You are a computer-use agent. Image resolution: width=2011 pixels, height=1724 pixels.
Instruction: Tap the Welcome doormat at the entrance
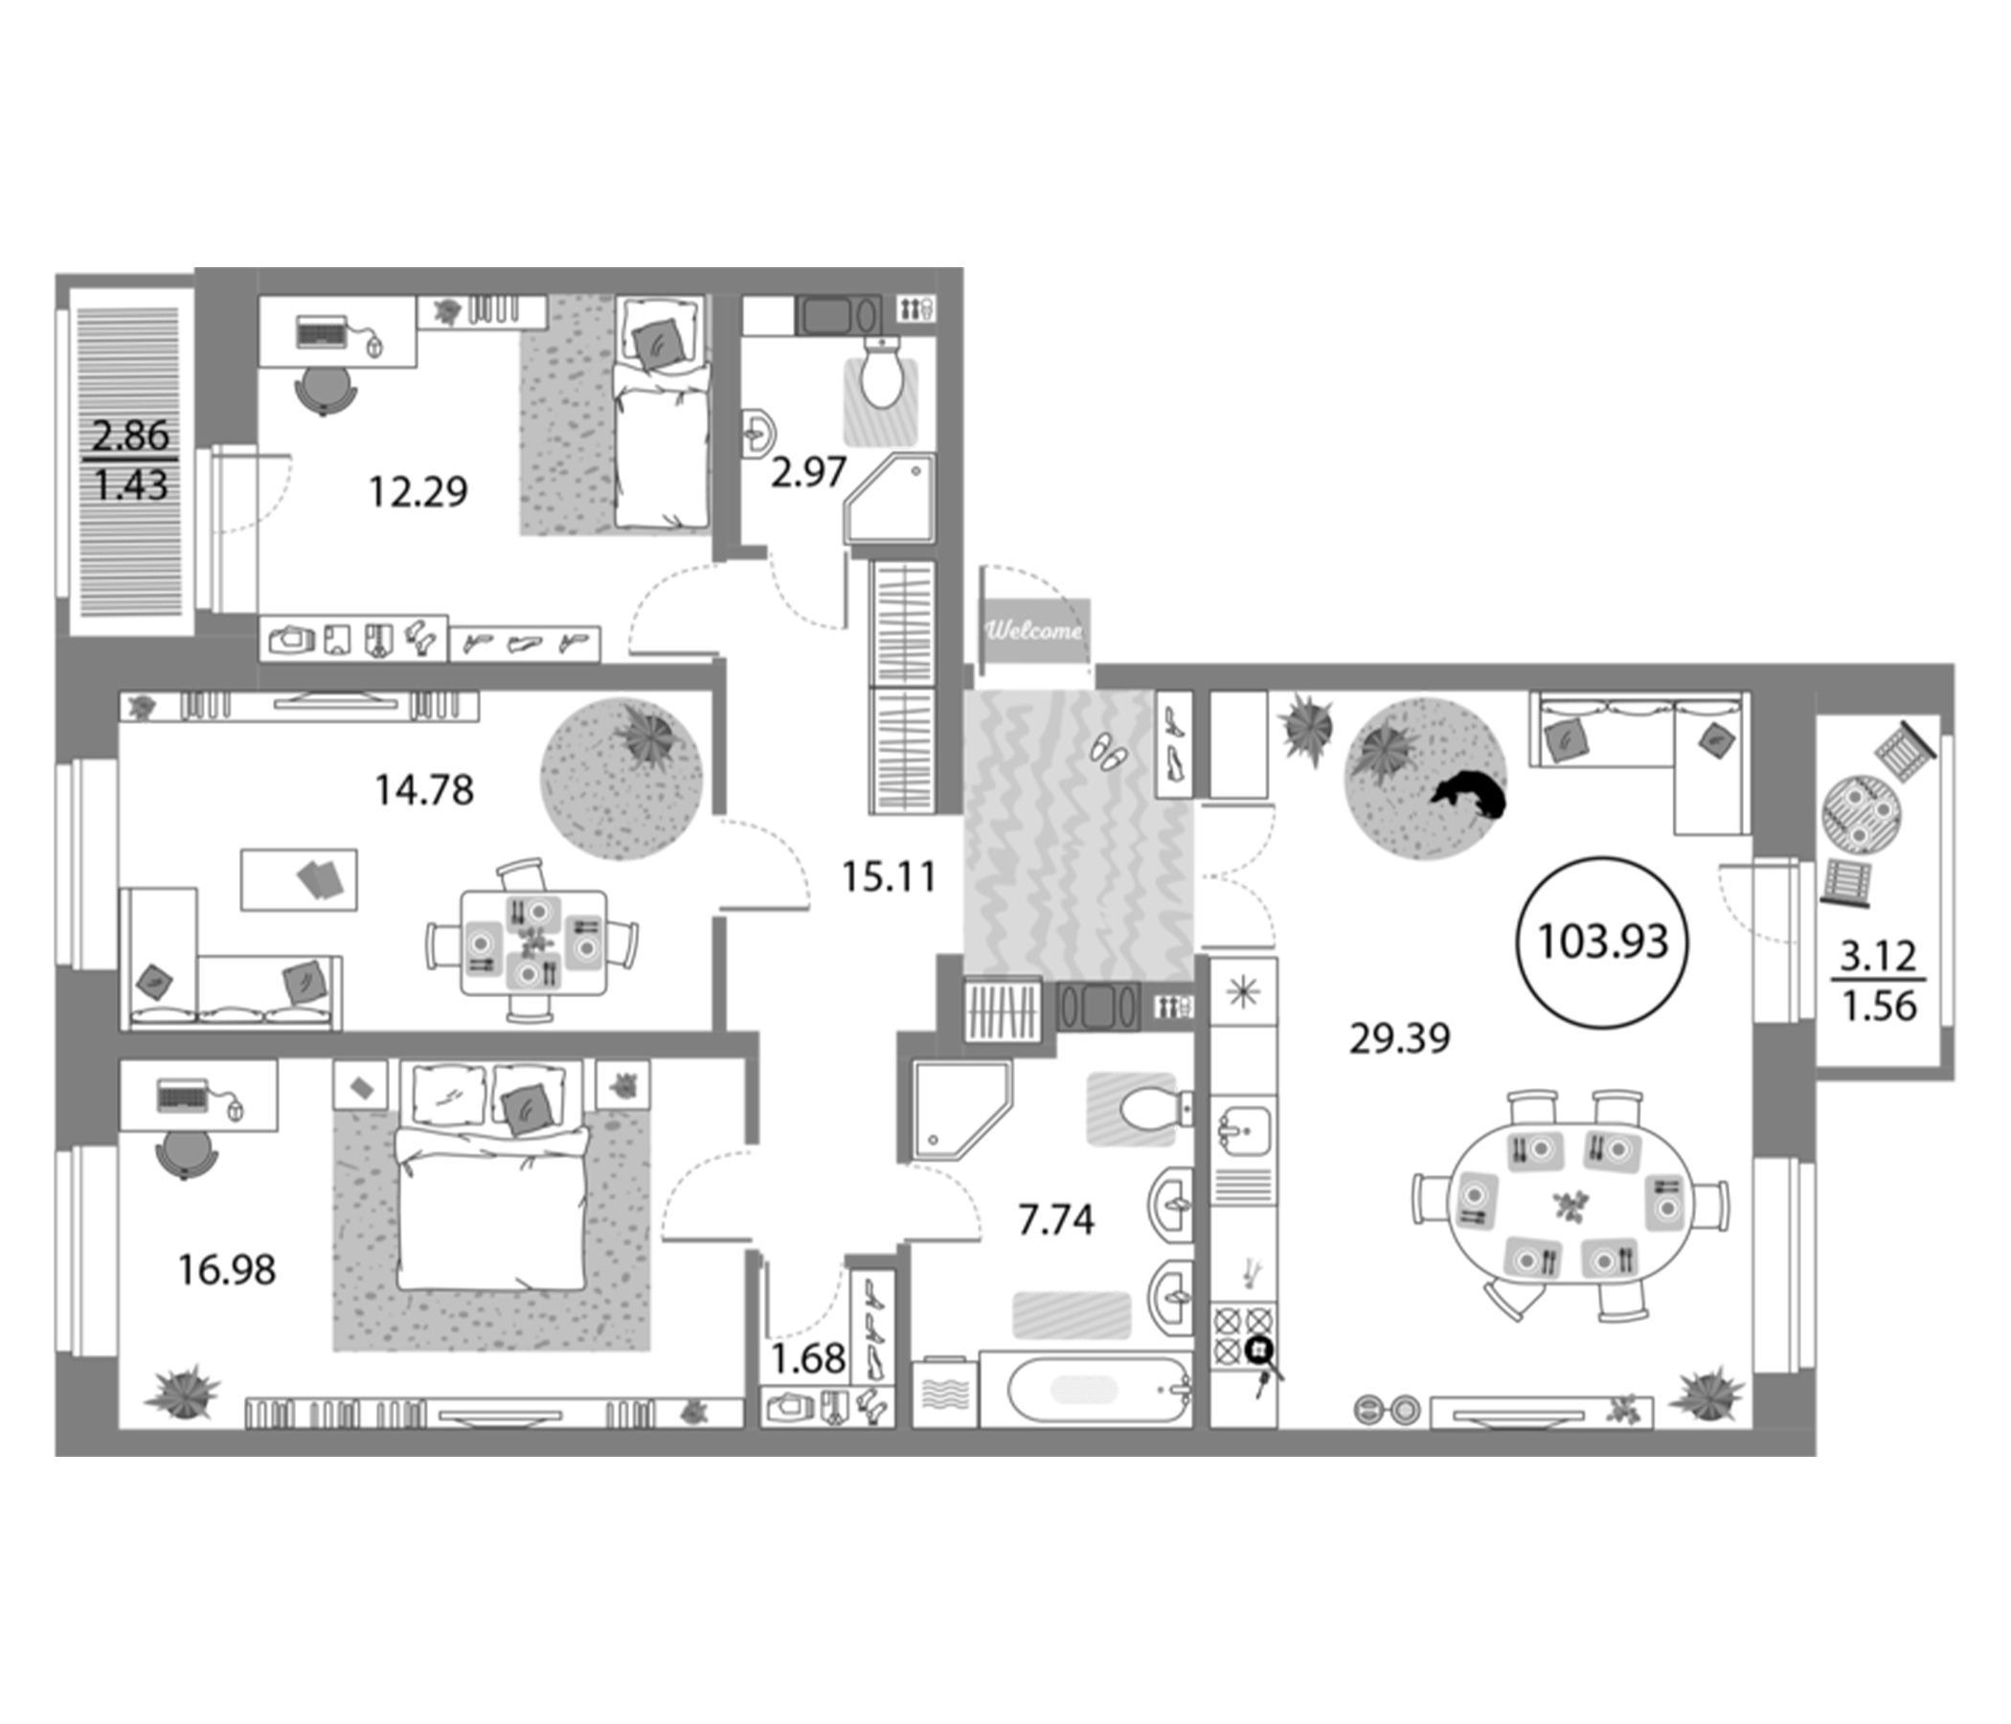pyautogui.click(x=1034, y=631)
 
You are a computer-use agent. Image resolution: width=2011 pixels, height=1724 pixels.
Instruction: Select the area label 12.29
pyautogui.click(x=418, y=492)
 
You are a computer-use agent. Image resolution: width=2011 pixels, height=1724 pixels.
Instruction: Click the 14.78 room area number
pyautogui.click(x=424, y=790)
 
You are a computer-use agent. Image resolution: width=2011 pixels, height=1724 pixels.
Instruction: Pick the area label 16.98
pyautogui.click(x=227, y=1269)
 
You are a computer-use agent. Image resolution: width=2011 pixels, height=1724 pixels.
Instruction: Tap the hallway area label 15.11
pyautogui.click(x=888, y=877)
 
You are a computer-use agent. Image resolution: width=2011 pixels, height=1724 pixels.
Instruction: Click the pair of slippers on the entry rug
pyautogui.click(x=1109, y=750)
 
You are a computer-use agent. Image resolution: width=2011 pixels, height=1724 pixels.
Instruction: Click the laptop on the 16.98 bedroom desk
pyautogui.click(x=183, y=1096)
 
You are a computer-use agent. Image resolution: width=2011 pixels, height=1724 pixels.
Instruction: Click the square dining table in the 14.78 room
pyautogui.click(x=532, y=941)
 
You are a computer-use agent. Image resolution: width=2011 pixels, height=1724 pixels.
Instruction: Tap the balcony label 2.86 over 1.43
pyautogui.click(x=131, y=459)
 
